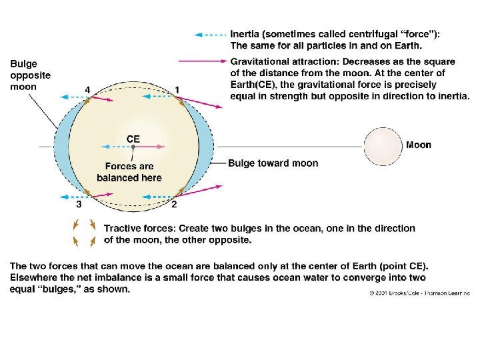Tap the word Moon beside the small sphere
[419, 145]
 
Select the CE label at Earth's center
[133, 139]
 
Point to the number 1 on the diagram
[177, 90]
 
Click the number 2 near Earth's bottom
[174, 204]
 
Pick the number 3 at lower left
[79, 205]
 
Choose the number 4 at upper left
[87, 89]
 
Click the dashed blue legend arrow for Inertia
[209, 34]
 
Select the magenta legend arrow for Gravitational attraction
[209, 61]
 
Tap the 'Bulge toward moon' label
[273, 163]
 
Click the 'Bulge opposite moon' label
[30, 75]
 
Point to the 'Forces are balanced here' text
[129, 172]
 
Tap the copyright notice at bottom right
[421, 293]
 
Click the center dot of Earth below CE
[133, 146]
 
